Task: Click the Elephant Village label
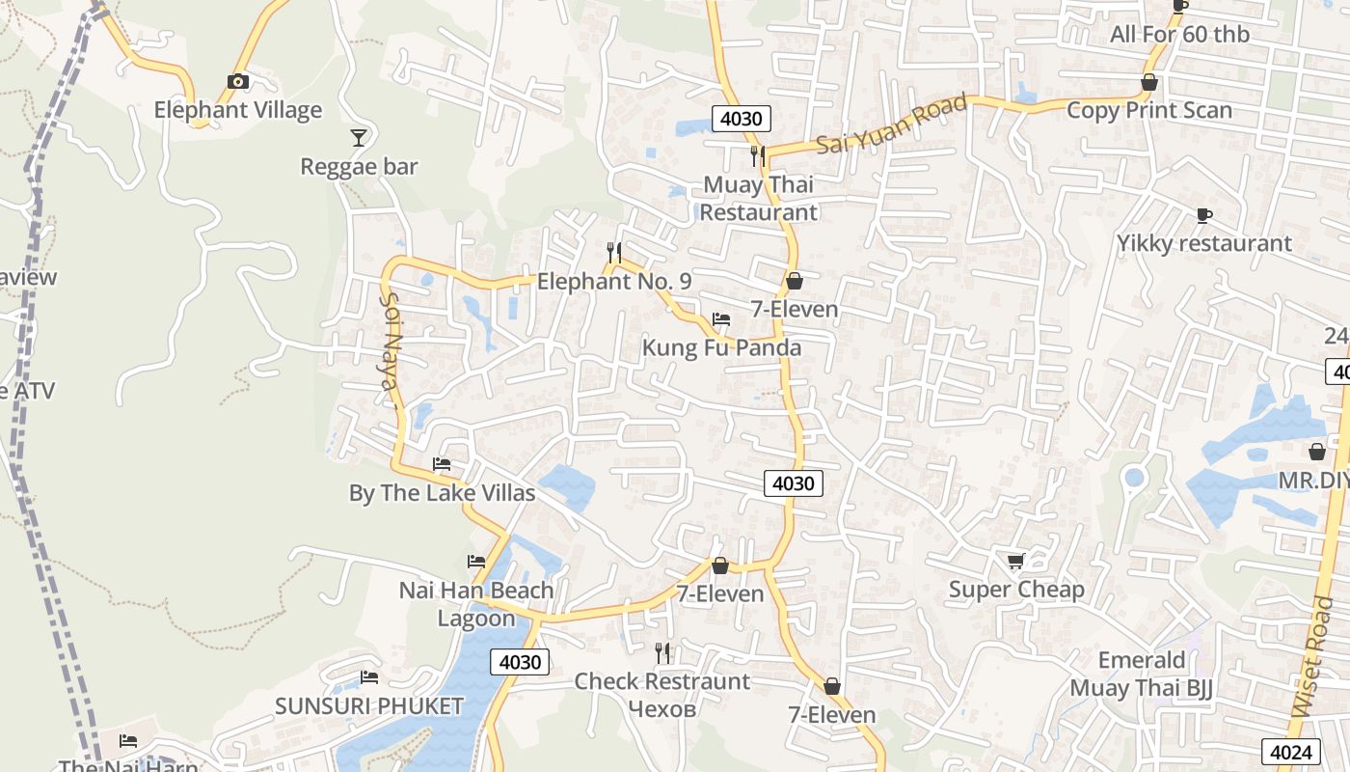237,110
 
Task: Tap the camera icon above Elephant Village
238,81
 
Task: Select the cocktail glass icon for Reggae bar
359,138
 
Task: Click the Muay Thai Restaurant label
758,198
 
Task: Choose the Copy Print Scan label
1148,110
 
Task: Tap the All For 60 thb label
1179,35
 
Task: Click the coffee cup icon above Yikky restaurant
1203,215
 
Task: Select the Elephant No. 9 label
614,282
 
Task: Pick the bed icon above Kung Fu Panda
720,319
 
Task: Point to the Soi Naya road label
390,341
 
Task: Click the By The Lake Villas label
442,493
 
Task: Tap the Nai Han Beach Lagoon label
476,604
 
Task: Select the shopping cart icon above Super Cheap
1015,561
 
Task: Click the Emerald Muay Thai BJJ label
1142,674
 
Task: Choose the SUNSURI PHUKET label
369,705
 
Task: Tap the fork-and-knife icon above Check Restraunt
662,653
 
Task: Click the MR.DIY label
1313,480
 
